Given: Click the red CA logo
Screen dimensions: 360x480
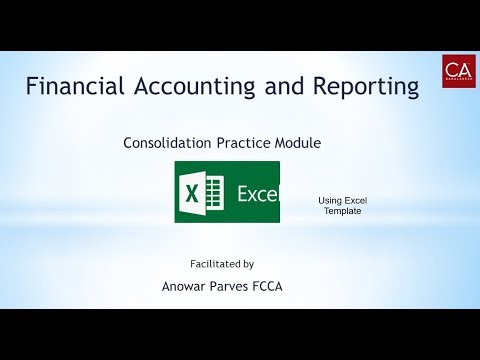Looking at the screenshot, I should (458, 71).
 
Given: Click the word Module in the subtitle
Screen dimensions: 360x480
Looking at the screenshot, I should (299, 143).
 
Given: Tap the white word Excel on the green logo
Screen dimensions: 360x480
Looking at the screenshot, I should (258, 192).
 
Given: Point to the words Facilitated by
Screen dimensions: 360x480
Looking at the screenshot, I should (222, 264).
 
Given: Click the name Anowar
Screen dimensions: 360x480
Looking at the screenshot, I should (190, 290).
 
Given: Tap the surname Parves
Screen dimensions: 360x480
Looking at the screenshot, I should (245, 290).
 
